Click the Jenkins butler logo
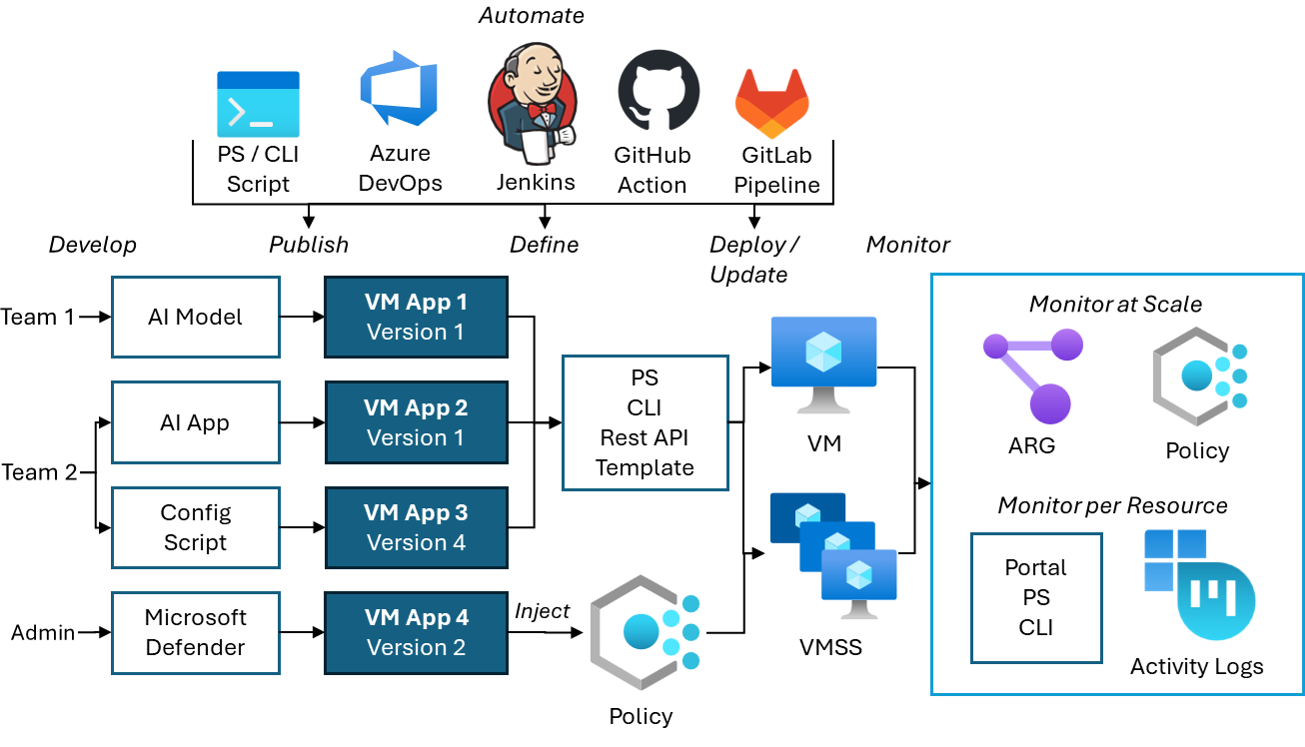[532, 103]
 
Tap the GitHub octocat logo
[658, 91]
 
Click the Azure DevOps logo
[399, 89]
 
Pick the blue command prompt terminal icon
[258, 104]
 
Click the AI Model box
[196, 318]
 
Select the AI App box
[196, 422]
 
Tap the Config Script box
[196, 527]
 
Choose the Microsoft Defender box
[196, 632]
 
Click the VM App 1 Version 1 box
[416, 318]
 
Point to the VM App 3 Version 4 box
[416, 527]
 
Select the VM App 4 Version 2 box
[416, 632]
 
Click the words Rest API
[645, 437]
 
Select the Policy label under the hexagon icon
[1197, 450]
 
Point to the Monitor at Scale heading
[1115, 304]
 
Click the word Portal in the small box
[1036, 567]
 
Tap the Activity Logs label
[1196, 666]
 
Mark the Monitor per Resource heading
[1112, 505]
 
